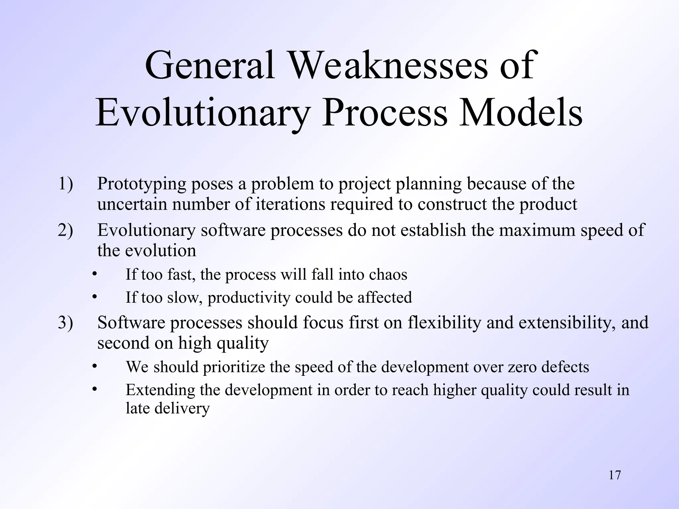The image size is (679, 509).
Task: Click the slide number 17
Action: click(x=615, y=475)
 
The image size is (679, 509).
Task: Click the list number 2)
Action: click(x=65, y=230)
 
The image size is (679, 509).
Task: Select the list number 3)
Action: click(x=65, y=322)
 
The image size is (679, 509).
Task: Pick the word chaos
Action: click(x=388, y=275)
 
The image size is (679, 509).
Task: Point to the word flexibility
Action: click(x=444, y=322)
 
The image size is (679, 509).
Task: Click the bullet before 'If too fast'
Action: click(x=94, y=274)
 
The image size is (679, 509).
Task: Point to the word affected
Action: click(x=385, y=297)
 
